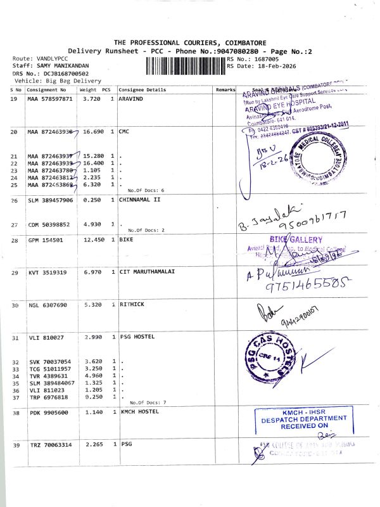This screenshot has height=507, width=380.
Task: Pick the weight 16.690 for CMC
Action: pyautogui.click(x=93, y=132)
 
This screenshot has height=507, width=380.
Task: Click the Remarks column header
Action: pyautogui.click(x=225, y=91)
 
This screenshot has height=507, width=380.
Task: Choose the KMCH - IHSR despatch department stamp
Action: pyautogui.click(x=298, y=421)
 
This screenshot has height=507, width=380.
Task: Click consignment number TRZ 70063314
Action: pyautogui.click(x=51, y=445)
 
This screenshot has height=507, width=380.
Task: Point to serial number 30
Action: pyautogui.click(x=16, y=305)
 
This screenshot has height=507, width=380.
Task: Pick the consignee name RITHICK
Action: pyautogui.click(x=132, y=305)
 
